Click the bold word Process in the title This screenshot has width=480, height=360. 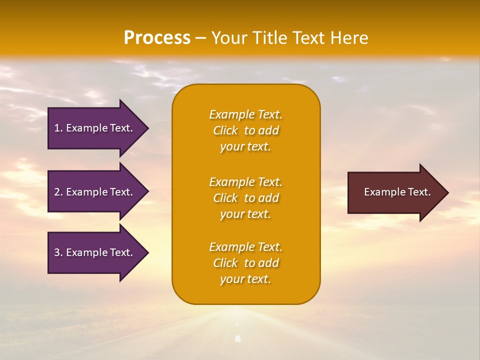pyautogui.click(x=157, y=38)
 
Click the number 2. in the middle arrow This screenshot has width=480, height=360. pyautogui.click(x=58, y=192)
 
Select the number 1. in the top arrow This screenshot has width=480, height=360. pyautogui.click(x=58, y=128)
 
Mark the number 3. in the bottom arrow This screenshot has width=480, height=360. pyautogui.click(x=58, y=252)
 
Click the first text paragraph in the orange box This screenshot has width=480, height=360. pyautogui.click(x=245, y=130)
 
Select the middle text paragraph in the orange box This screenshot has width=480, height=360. pyautogui.click(x=245, y=198)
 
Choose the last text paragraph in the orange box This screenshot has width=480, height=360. pyautogui.click(x=245, y=263)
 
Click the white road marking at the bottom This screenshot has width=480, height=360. pyautogui.click(x=238, y=338)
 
